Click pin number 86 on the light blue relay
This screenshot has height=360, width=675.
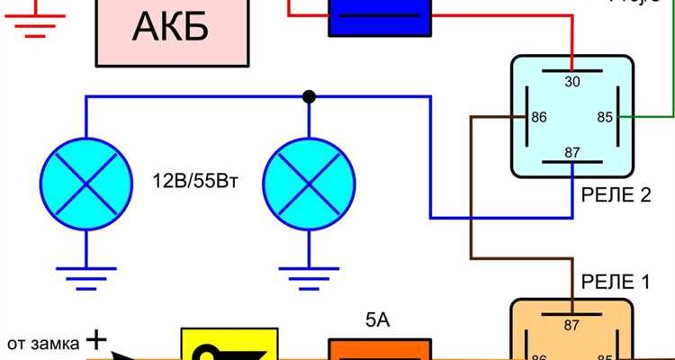point(541,118)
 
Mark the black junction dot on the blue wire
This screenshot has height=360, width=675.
point(309,96)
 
